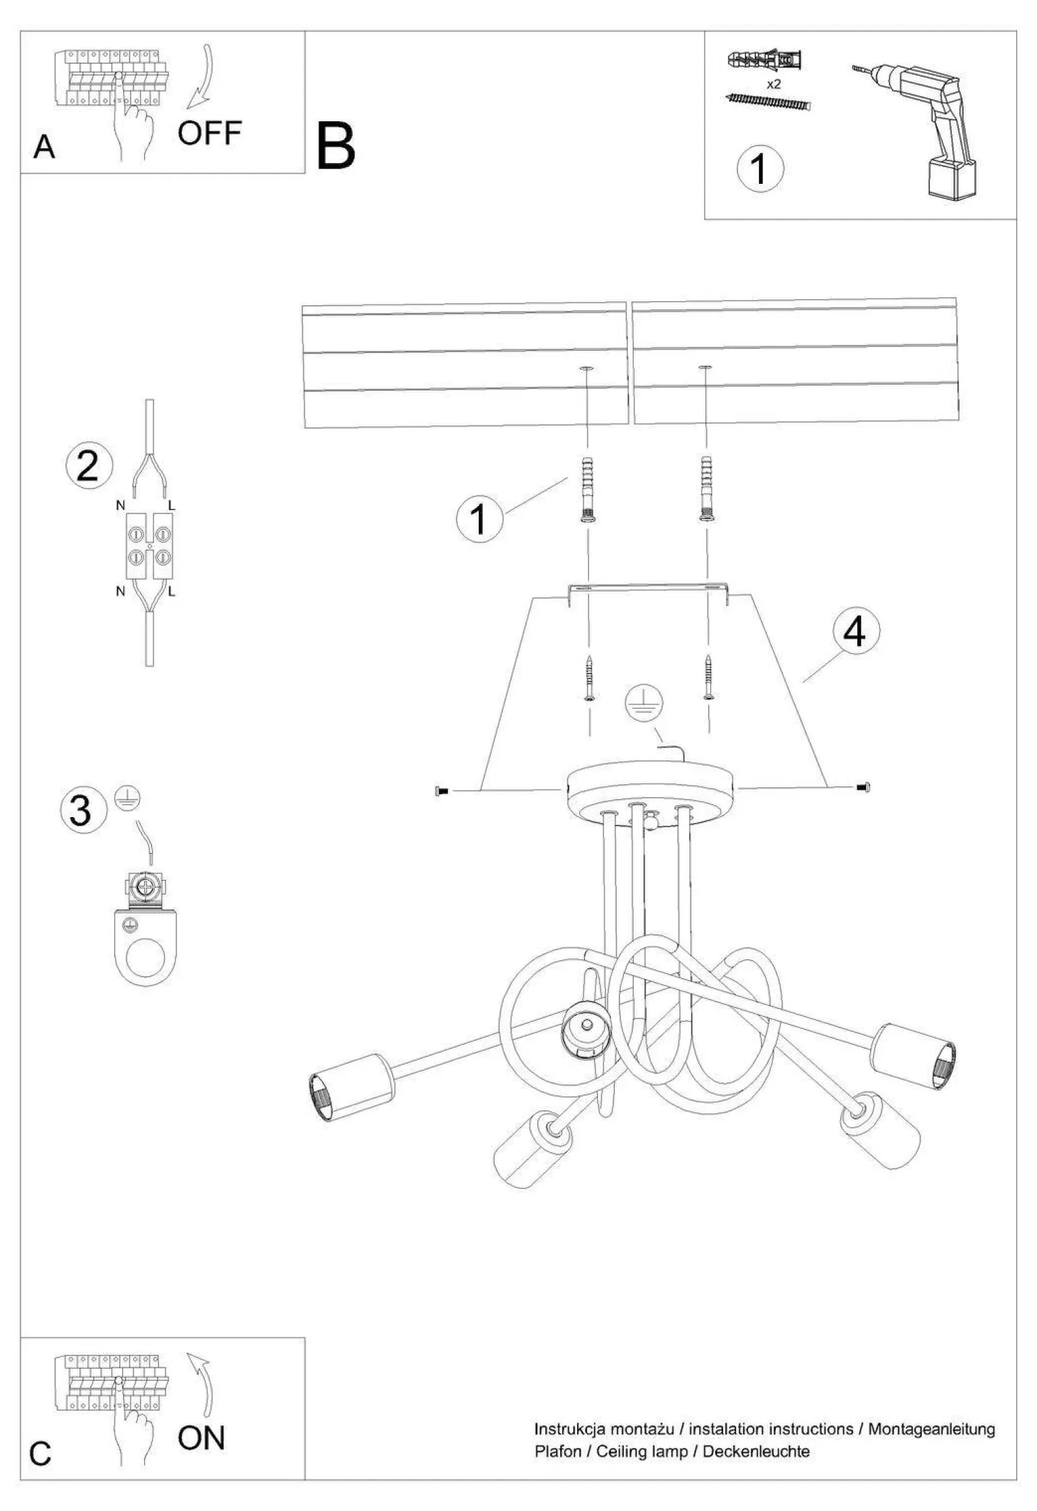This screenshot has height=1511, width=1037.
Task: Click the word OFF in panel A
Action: click(x=209, y=133)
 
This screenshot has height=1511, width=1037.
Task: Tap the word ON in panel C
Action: click(x=201, y=1438)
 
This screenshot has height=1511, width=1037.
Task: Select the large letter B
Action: click(x=335, y=147)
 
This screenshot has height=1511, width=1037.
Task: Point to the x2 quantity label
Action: click(x=774, y=84)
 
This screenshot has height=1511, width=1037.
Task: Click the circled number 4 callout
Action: click(x=856, y=631)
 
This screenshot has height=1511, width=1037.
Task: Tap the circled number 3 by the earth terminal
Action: click(x=83, y=810)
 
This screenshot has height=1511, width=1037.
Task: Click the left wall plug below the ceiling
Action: click(x=587, y=488)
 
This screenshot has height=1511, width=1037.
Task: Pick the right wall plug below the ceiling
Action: click(x=706, y=488)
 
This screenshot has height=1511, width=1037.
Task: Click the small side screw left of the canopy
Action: click(x=442, y=791)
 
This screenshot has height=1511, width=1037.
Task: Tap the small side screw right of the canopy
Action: click(x=863, y=786)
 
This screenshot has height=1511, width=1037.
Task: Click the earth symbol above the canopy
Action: click(x=644, y=704)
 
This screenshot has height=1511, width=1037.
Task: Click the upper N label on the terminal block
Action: click(x=121, y=505)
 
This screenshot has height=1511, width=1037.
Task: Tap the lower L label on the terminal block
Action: click(x=172, y=591)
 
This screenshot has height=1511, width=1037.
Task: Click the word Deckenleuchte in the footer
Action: click(x=756, y=1451)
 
